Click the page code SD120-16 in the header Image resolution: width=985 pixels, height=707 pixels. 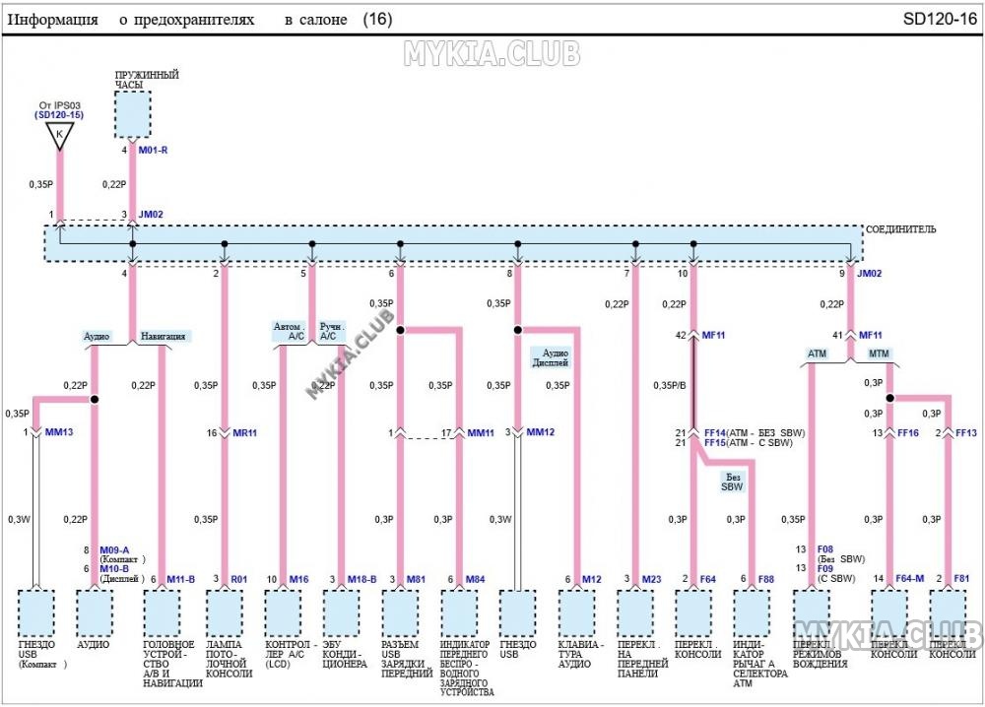click(940, 19)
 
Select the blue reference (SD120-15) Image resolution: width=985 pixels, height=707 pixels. click(58, 115)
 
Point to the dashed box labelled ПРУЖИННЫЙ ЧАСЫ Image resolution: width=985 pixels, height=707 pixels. click(132, 115)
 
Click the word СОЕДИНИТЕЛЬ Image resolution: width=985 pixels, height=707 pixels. click(900, 229)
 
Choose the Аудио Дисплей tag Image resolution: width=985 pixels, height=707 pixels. click(556, 356)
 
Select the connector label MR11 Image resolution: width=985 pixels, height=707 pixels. click(244, 432)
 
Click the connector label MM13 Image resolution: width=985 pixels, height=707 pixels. click(58, 432)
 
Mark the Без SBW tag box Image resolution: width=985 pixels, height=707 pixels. click(732, 481)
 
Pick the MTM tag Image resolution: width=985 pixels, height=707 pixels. click(879, 353)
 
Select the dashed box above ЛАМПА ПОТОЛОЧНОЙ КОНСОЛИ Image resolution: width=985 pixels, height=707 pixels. click(225, 612)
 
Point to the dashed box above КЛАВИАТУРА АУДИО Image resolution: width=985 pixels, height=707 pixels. click(578, 612)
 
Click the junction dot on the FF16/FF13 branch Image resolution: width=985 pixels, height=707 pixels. click(888, 399)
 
